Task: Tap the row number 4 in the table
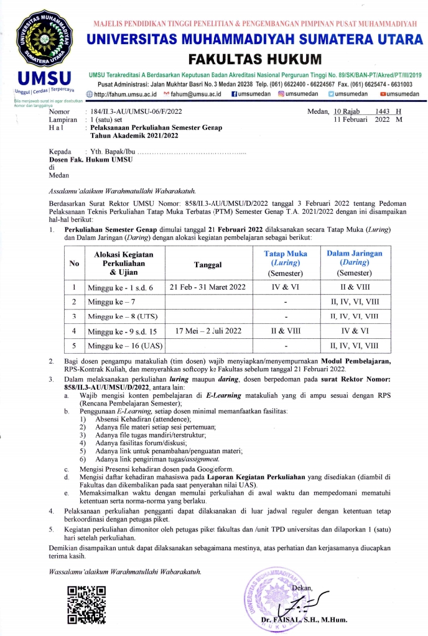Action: click(74, 331)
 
